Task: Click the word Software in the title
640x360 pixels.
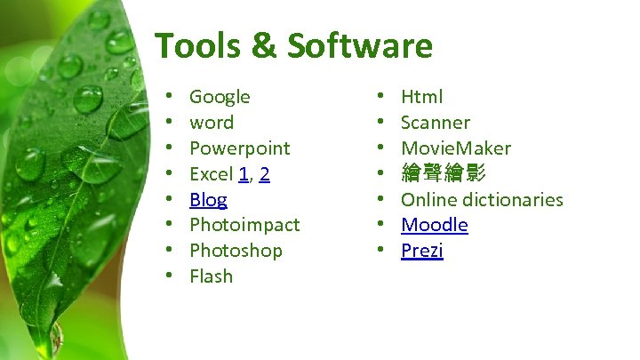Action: pyautogui.click(x=360, y=45)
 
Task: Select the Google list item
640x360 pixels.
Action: pyautogui.click(x=220, y=97)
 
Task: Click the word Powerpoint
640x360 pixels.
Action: pyautogui.click(x=240, y=148)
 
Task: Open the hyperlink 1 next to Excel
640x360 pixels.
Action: pyautogui.click(x=243, y=174)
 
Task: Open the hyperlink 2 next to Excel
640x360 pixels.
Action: pyautogui.click(x=264, y=174)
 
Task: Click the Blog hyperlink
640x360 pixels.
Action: pyautogui.click(x=208, y=200)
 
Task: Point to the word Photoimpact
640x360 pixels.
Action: pyautogui.click(x=244, y=225)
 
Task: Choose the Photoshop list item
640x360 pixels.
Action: pyautogui.click(x=236, y=251)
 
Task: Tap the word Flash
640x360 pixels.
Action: pyautogui.click(x=211, y=276)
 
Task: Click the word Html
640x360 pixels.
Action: pyautogui.click(x=421, y=97)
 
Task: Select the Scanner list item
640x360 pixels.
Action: pyautogui.click(x=435, y=123)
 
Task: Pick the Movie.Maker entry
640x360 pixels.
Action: pyautogui.click(x=455, y=148)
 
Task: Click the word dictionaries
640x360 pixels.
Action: pyautogui.click(x=512, y=199)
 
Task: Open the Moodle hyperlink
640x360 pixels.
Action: pyautogui.click(x=434, y=225)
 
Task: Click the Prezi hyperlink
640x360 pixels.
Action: pyautogui.click(x=421, y=251)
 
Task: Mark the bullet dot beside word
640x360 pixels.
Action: pyautogui.click(x=168, y=123)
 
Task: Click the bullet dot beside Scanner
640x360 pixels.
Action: pyautogui.click(x=380, y=123)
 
